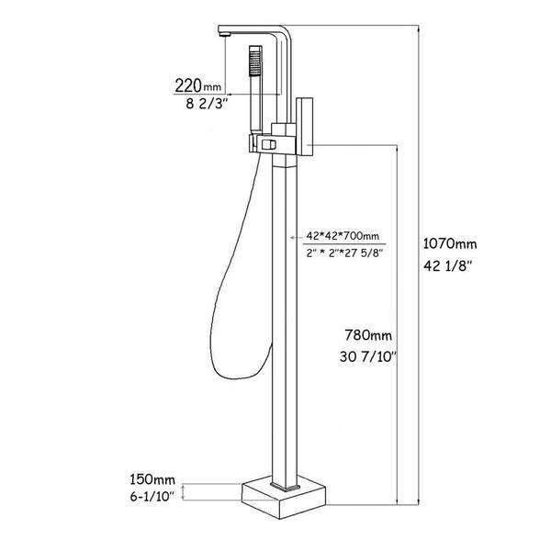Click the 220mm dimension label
[x=198, y=85]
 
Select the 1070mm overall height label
[x=450, y=243]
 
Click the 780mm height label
[x=368, y=335]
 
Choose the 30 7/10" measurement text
[x=368, y=357]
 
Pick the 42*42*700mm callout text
[x=343, y=235]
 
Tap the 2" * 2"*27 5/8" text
[x=344, y=253]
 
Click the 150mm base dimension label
[x=152, y=479]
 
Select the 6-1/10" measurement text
[x=152, y=497]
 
